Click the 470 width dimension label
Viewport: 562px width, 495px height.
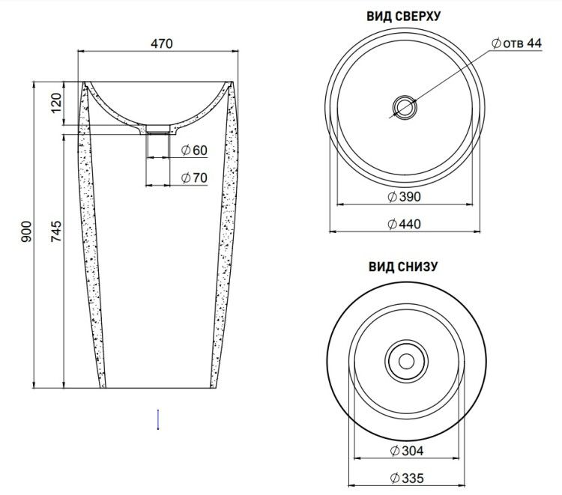[x=162, y=43]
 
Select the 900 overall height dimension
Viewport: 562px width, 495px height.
[x=26, y=231]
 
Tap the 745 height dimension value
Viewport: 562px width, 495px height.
[x=56, y=231]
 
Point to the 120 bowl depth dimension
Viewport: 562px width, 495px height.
[x=56, y=103]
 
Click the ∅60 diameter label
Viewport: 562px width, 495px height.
[x=194, y=151]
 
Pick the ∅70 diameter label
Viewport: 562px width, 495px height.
[x=194, y=177]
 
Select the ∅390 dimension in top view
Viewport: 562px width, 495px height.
[x=405, y=197]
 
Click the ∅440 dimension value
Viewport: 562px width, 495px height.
[x=405, y=224]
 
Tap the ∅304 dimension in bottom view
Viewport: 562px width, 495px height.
[x=406, y=451]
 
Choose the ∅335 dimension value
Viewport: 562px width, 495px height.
[x=406, y=479]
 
